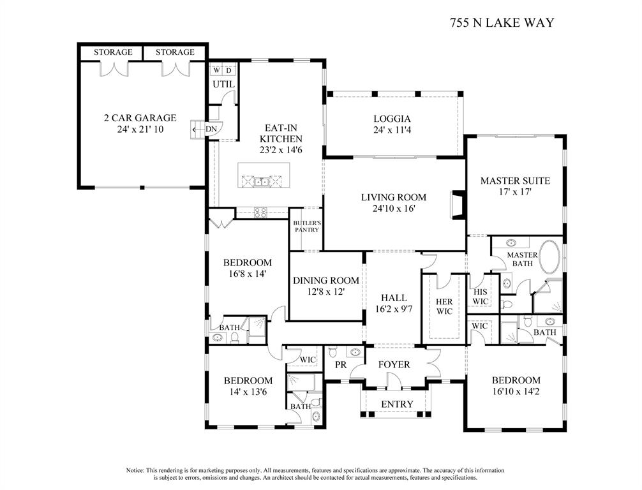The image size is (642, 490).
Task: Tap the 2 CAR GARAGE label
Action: click(x=140, y=118)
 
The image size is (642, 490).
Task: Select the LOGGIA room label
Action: click(x=392, y=119)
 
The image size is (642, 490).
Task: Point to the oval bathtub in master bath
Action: click(x=550, y=258)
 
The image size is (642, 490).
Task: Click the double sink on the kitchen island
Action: click(x=262, y=182)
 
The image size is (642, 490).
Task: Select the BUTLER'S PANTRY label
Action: click(x=306, y=226)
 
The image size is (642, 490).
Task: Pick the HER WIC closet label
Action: click(x=444, y=306)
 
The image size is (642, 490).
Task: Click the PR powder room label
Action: click(x=341, y=365)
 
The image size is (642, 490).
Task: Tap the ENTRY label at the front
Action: click(x=397, y=405)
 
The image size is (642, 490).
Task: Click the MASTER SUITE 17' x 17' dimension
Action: click(x=514, y=192)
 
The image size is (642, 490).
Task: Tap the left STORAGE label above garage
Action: click(x=113, y=52)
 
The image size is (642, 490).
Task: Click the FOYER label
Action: click(x=394, y=364)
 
